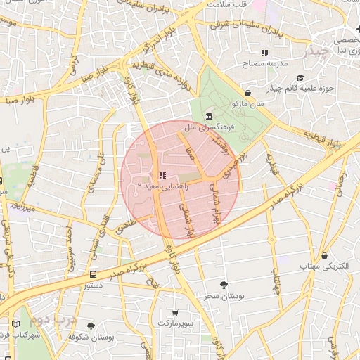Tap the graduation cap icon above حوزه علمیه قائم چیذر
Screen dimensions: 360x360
[300, 77]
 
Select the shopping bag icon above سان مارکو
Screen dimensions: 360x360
[247, 93]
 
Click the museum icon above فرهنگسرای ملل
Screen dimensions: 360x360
[209, 116]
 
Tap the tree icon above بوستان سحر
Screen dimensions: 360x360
[224, 285]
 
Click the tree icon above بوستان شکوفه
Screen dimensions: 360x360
[91, 326]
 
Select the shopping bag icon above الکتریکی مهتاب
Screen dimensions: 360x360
[324, 256]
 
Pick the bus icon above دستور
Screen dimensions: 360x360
[94, 275]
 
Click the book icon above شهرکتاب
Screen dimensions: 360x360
[15, 325]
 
